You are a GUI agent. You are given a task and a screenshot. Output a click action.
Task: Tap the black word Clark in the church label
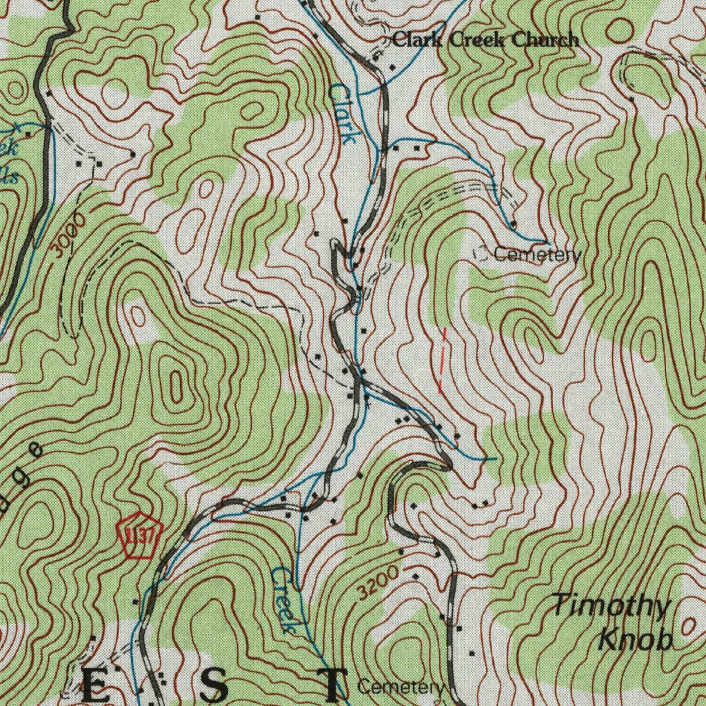tap(419, 40)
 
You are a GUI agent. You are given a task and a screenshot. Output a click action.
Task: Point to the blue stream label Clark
tap(343, 113)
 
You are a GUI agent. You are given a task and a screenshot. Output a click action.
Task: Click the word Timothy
tap(612, 607)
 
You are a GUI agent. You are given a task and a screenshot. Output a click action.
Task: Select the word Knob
tap(634, 640)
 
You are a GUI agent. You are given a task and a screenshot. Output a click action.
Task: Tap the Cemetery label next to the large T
tap(401, 687)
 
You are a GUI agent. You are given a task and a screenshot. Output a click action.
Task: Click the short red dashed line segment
tap(442, 360)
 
